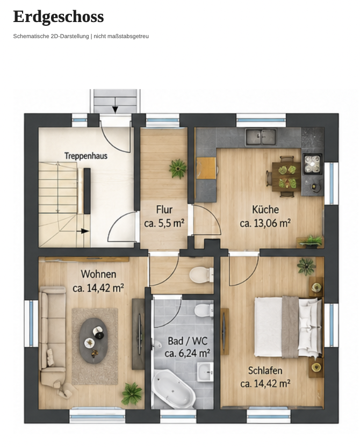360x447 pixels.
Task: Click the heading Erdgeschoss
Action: click(59, 17)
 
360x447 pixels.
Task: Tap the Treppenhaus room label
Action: click(86, 156)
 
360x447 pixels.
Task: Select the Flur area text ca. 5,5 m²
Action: click(164, 223)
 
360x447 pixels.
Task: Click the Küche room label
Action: click(265, 210)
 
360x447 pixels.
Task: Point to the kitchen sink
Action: click(261, 136)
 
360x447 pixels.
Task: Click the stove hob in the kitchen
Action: click(312, 164)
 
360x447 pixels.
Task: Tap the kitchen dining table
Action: click(286, 176)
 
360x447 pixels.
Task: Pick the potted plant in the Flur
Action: click(178, 169)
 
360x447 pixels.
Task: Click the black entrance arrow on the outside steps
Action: click(115, 110)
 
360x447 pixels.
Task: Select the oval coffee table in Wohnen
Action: click(93, 341)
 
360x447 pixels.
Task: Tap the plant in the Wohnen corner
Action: click(132, 394)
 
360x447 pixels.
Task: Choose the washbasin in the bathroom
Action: click(205, 372)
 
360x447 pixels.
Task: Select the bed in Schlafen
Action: click(288, 327)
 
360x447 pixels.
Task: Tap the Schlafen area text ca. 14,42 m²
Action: click(265, 384)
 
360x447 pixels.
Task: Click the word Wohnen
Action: click(98, 274)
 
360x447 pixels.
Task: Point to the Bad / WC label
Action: click(188, 341)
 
